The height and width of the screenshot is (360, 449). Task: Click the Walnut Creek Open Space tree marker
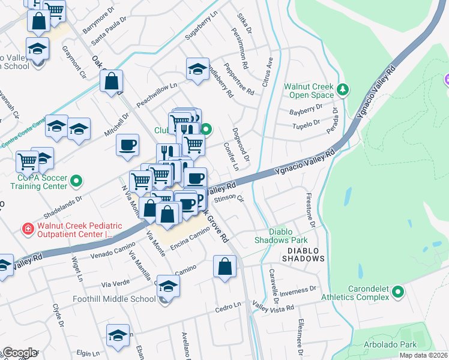(x=342, y=89)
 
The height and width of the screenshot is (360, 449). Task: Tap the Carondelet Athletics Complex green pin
(x=397, y=292)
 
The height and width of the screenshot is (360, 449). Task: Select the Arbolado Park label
(x=391, y=345)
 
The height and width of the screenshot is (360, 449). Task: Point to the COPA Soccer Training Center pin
(x=76, y=180)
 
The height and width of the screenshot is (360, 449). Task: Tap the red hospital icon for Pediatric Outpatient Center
(x=27, y=229)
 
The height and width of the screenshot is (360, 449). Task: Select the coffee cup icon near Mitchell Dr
(x=127, y=145)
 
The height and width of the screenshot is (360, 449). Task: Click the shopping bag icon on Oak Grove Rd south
(x=224, y=266)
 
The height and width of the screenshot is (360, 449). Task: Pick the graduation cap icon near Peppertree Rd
(x=197, y=69)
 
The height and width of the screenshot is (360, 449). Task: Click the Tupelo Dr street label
(x=304, y=124)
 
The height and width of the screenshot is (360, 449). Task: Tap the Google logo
(x=20, y=353)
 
